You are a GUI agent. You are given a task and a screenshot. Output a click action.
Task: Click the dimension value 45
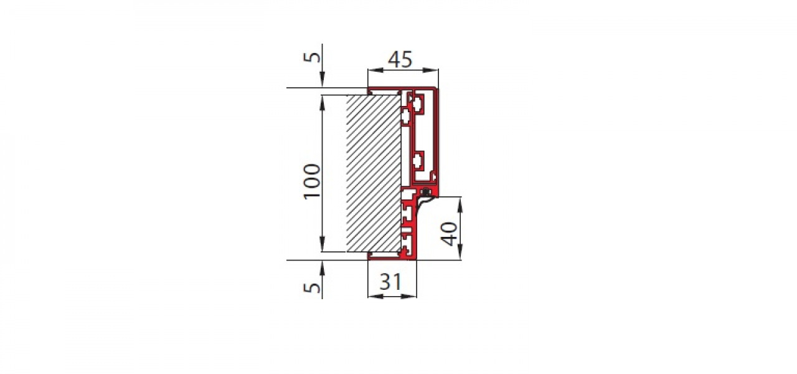click(x=400, y=59)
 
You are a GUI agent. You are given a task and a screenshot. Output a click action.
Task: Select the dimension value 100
click(x=312, y=181)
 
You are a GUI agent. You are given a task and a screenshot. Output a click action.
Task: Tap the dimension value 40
click(x=449, y=234)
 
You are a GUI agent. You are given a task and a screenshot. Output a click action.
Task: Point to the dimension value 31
click(x=390, y=282)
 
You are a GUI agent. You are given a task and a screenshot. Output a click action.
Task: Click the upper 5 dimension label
click(x=312, y=57)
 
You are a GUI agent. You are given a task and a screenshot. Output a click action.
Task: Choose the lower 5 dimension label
click(x=312, y=287)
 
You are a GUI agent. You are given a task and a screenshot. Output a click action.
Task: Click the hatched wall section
click(x=374, y=173)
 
